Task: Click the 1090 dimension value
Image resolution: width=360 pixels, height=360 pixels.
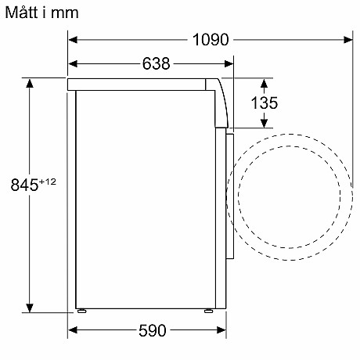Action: pyautogui.click(x=211, y=40)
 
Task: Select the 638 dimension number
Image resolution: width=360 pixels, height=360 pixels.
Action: pyautogui.click(x=156, y=63)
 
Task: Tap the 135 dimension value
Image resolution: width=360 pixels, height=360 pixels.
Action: pyautogui.click(x=265, y=103)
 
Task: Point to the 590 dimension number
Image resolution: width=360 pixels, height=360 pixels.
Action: pyautogui.click(x=153, y=330)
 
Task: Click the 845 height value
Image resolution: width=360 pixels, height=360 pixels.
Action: pyautogui.click(x=24, y=185)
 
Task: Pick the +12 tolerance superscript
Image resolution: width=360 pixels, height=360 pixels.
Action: pyautogui.click(x=48, y=182)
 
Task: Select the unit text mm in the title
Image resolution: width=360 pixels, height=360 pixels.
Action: pyautogui.click(x=64, y=13)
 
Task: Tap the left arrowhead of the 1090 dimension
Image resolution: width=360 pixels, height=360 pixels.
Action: pyautogui.click(x=73, y=40)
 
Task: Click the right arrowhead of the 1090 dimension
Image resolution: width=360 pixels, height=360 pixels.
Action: pyautogui.click(x=348, y=40)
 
